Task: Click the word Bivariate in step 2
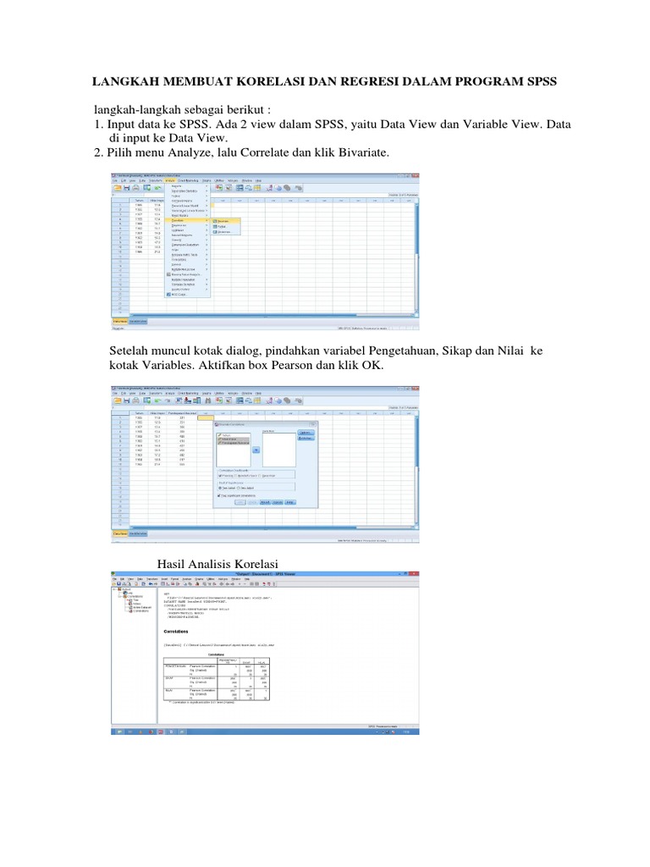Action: (x=361, y=152)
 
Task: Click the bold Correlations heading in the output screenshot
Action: (x=181, y=630)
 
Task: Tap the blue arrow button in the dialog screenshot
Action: (x=256, y=450)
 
